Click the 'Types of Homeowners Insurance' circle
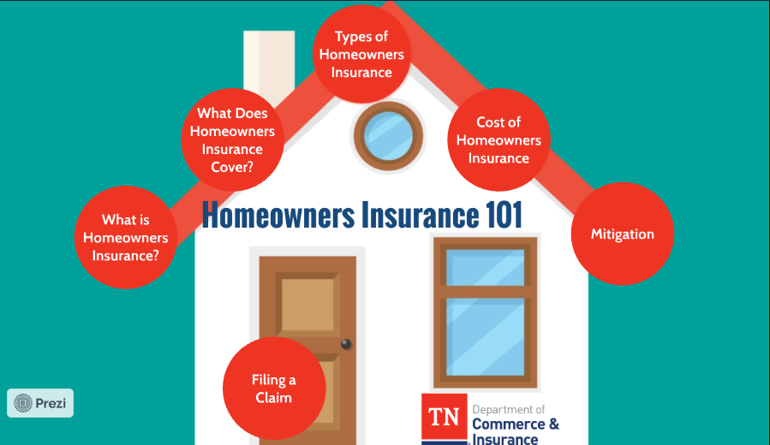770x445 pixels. click(362, 54)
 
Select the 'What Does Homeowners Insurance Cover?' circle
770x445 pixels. click(232, 139)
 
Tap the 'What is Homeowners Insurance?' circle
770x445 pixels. click(126, 237)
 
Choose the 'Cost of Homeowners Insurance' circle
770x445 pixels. click(498, 139)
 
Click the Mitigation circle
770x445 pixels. click(622, 234)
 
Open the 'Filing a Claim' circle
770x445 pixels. click(274, 388)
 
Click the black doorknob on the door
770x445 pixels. click(346, 344)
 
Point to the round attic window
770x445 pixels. click(388, 136)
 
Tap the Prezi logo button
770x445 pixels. click(40, 403)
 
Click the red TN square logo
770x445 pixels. click(444, 417)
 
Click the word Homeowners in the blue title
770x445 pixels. click(278, 215)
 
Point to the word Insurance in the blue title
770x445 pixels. click(420, 215)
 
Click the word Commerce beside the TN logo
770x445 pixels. click(509, 424)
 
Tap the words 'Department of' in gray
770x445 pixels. click(509, 410)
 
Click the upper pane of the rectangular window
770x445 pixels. click(485, 267)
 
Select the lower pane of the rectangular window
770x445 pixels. click(485, 336)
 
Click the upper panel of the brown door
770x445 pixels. click(307, 304)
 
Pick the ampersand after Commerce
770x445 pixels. click(554, 424)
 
